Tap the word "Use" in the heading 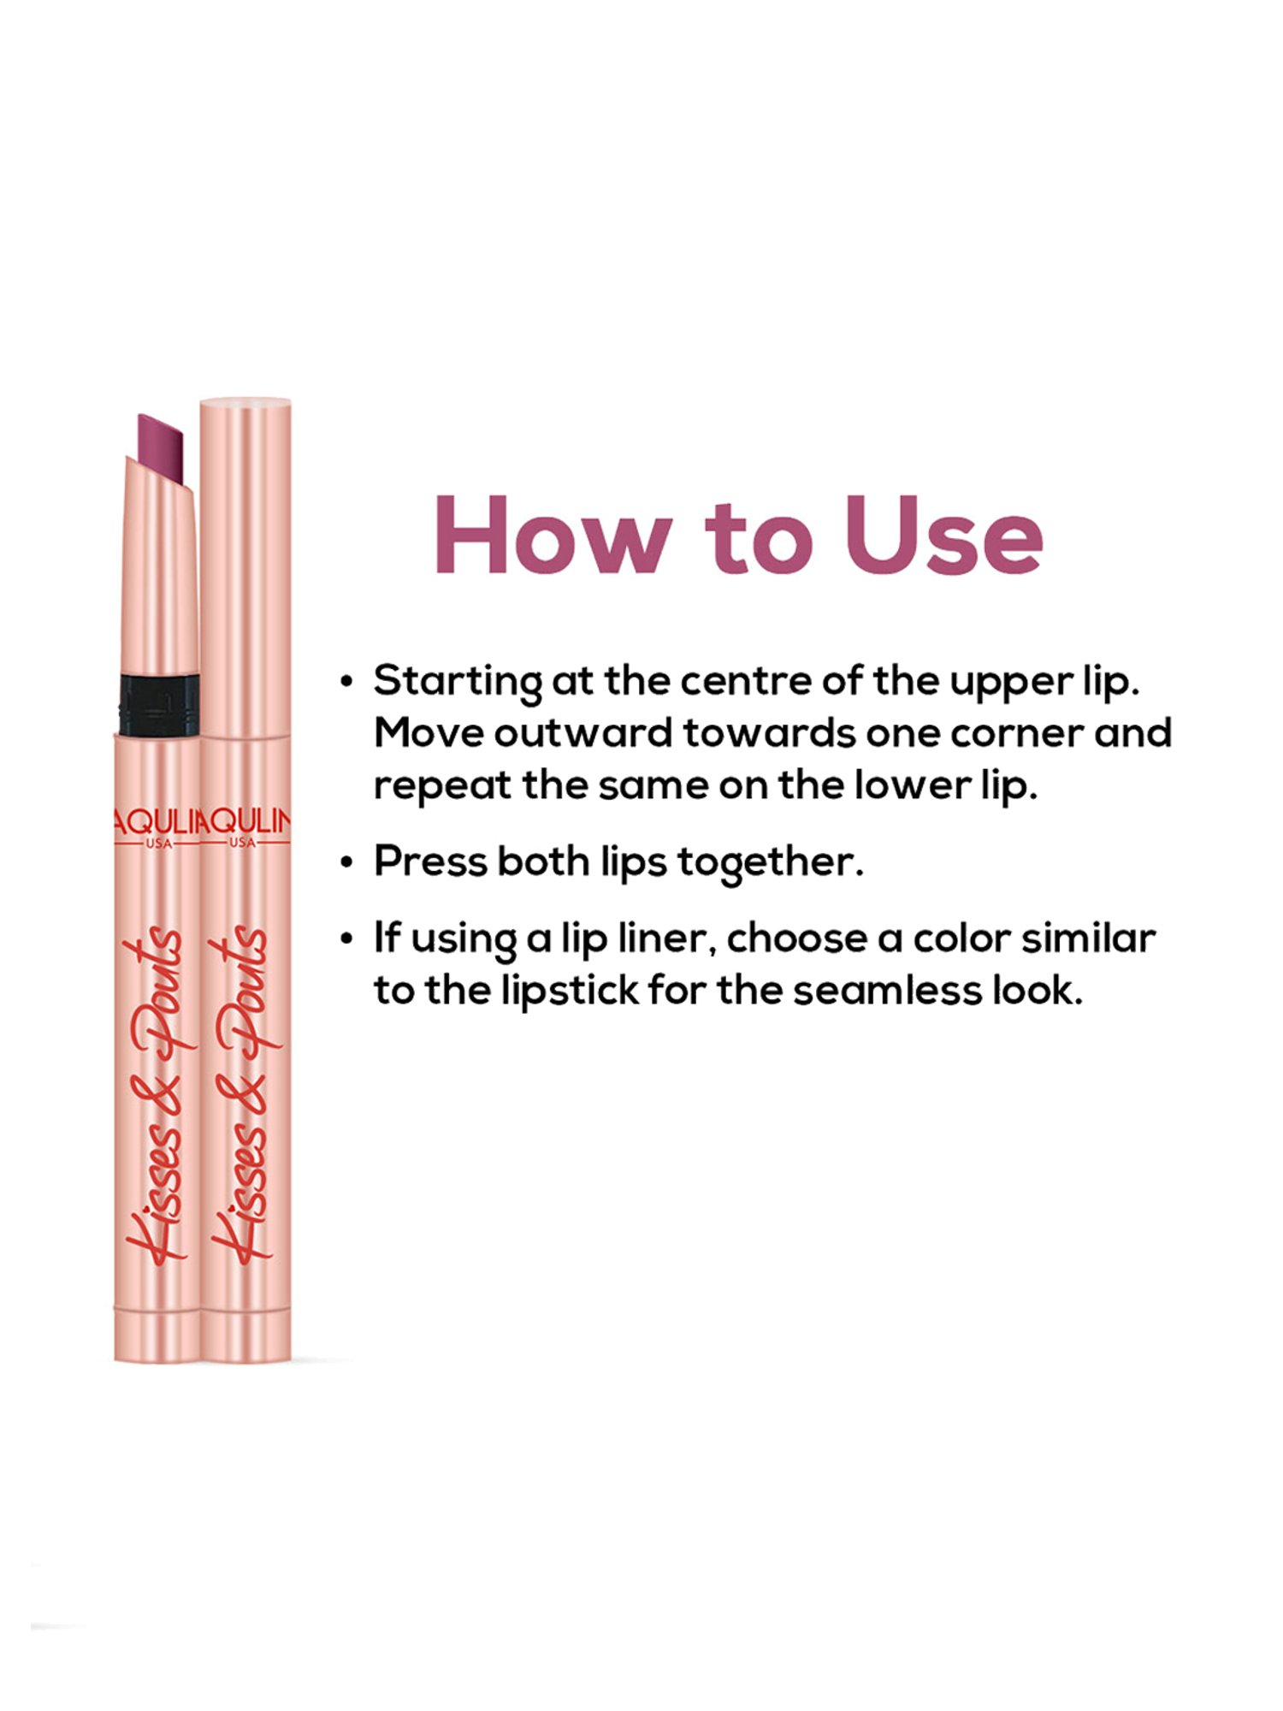point(944,536)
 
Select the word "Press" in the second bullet point(429,861)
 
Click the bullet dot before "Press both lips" point(346,862)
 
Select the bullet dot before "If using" point(346,939)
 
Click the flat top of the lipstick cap point(245,401)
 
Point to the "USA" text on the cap point(243,843)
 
